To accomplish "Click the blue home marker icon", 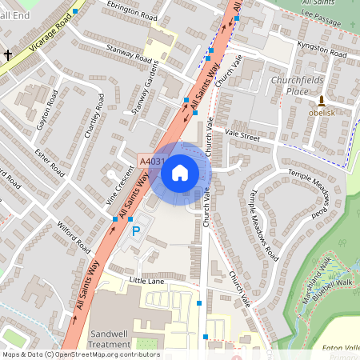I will (180, 172).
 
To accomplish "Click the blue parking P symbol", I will (135, 231).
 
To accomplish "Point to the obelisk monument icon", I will (322, 101).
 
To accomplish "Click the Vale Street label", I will (242, 135).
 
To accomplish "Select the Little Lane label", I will (146, 280).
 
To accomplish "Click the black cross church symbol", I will (8, 54).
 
